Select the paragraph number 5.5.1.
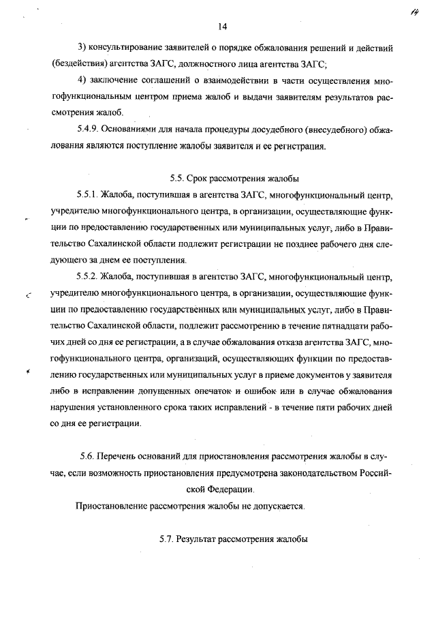pyautogui.click(x=87, y=195)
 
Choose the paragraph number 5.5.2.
pyautogui.click(x=87, y=277)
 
